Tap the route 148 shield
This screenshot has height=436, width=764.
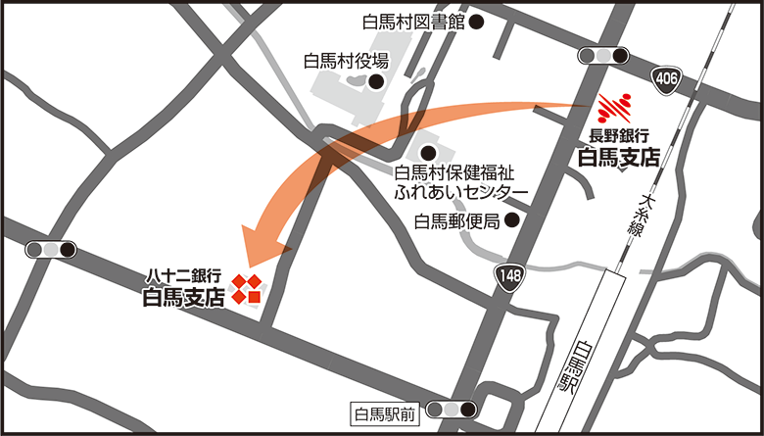pos(509,278)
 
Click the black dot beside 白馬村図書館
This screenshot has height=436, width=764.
pos(477,22)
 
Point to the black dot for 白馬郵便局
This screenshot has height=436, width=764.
pos(510,221)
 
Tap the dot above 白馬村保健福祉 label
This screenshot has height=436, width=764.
pos(427,153)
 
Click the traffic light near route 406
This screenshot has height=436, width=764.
pos(605,55)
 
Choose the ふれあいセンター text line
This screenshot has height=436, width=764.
pos(459,191)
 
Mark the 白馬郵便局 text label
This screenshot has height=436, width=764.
pos(458,221)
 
